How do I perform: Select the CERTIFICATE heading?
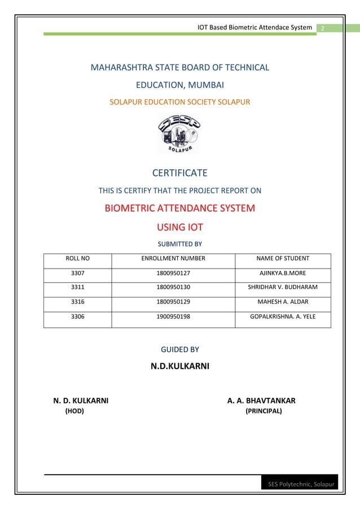180,173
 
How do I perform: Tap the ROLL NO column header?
78,259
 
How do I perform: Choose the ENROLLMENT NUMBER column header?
173,259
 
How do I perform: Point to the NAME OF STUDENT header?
283,259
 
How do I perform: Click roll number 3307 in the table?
78,274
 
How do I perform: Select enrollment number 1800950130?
173,288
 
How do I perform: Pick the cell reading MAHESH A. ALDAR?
283,302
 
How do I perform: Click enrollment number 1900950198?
173,317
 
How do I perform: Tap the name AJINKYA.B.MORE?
283,274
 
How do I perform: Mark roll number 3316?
78,302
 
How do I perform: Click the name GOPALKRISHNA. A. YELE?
283,317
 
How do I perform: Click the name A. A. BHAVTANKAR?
261,401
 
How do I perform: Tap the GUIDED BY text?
180,350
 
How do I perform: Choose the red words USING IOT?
179,227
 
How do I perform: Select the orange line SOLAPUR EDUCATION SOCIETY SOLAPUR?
180,102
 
